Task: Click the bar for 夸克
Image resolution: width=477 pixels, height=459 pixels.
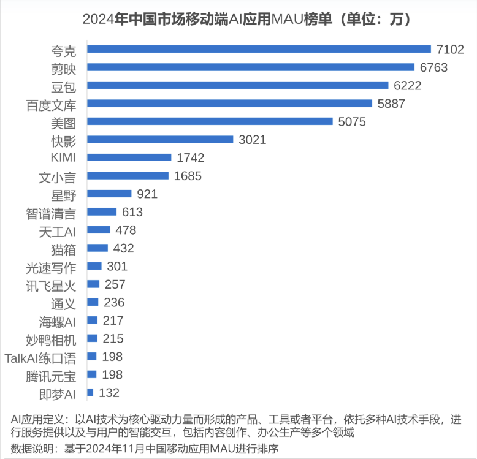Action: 259,49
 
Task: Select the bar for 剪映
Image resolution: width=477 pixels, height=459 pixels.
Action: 250,67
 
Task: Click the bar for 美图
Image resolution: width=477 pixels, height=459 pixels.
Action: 210,122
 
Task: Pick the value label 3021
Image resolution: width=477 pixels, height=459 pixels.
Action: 252,140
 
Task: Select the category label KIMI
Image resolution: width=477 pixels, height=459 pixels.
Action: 63,157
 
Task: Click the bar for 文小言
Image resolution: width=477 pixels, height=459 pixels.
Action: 128,176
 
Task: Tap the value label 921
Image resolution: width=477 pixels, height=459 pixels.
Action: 147,194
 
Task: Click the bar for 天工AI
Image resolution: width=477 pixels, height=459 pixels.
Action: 99,230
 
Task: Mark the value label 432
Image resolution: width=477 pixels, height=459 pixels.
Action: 123,248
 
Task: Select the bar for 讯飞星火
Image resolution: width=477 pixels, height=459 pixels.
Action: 94,284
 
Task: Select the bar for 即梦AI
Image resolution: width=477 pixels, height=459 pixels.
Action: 91,392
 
